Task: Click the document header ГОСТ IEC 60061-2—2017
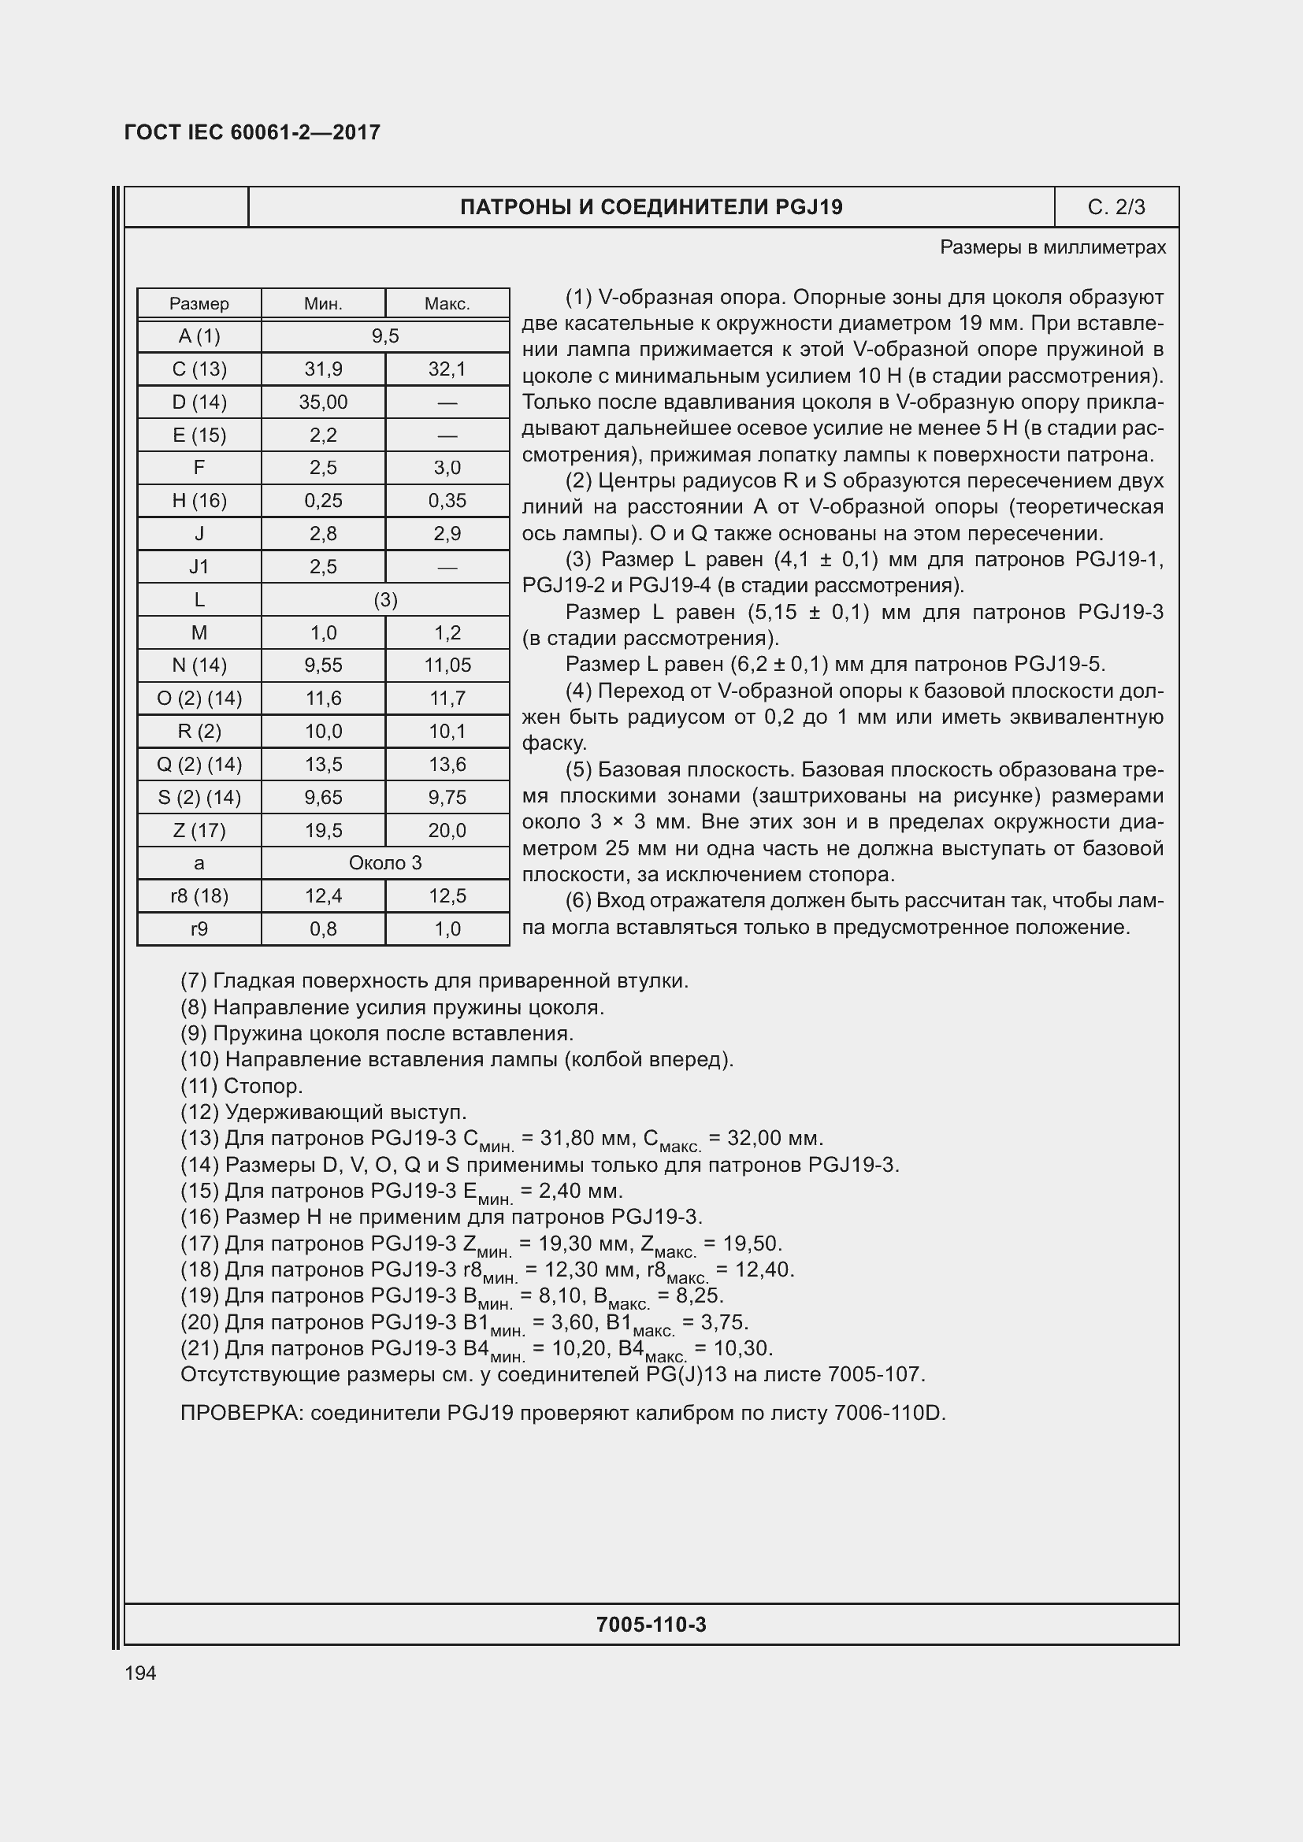[x=252, y=132]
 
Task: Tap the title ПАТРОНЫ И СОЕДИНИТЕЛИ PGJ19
[x=651, y=208]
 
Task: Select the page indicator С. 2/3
[x=1116, y=208]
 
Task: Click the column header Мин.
[x=323, y=304]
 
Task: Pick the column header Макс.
[x=447, y=304]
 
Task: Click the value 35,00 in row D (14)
[x=323, y=402]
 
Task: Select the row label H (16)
[x=199, y=501]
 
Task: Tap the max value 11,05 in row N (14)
[x=447, y=665]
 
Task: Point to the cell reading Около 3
[x=385, y=863]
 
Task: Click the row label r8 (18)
[x=199, y=896]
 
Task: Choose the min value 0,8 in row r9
[x=323, y=929]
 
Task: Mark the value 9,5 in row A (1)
[x=385, y=336]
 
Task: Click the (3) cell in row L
[x=385, y=599]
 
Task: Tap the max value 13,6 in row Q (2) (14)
[x=447, y=765]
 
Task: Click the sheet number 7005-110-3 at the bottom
[x=651, y=1625]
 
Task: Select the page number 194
[x=140, y=1673]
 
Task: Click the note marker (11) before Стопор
[x=199, y=1086]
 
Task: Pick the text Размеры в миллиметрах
[x=1052, y=248]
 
